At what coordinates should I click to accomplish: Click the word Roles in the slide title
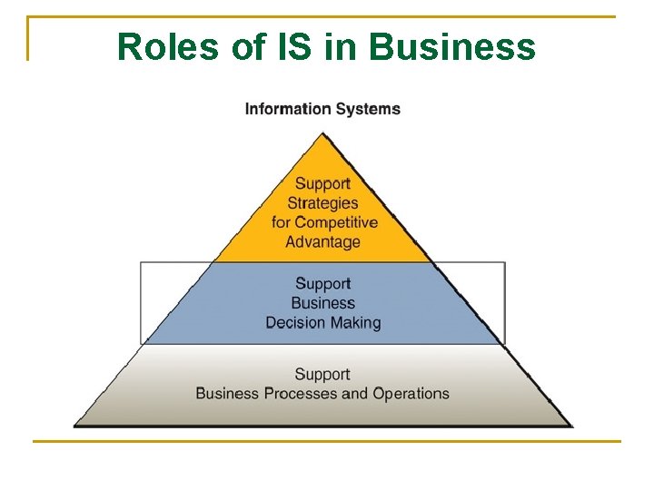(x=169, y=47)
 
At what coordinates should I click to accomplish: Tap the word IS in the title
(x=291, y=47)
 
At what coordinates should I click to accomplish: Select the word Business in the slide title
(x=453, y=47)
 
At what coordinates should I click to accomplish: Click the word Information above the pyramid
(x=287, y=109)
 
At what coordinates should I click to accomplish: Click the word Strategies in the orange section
(x=322, y=203)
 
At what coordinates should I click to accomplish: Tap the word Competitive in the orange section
(x=336, y=222)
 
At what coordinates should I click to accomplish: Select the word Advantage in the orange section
(x=322, y=242)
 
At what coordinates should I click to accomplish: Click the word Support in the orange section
(x=322, y=184)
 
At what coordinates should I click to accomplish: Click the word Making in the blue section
(x=357, y=323)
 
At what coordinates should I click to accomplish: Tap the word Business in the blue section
(x=322, y=303)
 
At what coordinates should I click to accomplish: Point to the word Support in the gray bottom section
(x=322, y=374)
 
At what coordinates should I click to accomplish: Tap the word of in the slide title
(x=247, y=47)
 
